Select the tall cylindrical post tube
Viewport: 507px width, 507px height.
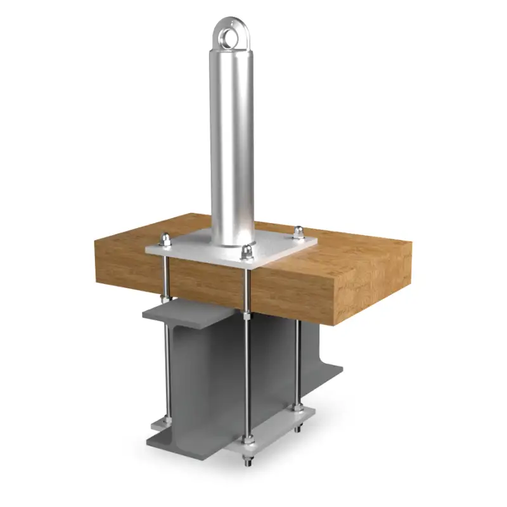[x=232, y=139]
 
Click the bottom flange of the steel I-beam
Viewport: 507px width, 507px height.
[x=184, y=437]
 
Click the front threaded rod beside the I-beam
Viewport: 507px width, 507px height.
[x=246, y=380]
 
